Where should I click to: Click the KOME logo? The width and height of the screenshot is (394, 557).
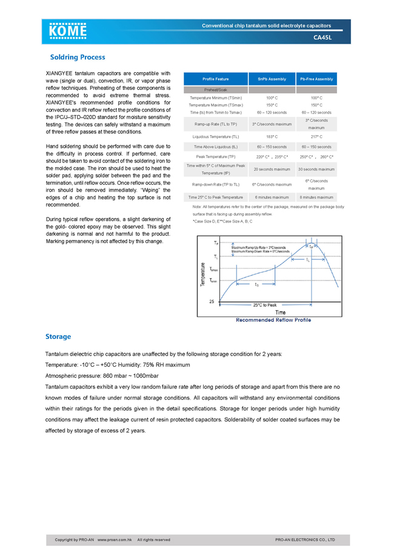click(x=68, y=31)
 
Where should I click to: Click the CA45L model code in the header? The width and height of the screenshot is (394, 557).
click(x=322, y=38)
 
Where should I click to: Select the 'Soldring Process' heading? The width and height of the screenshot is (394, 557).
click(x=77, y=58)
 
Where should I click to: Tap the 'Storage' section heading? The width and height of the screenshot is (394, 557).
click(x=58, y=336)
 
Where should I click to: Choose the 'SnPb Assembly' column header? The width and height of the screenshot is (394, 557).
click(x=272, y=79)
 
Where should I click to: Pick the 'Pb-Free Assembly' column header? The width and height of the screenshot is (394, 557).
click(x=316, y=79)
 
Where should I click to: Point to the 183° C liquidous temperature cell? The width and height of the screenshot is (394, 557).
click(x=272, y=137)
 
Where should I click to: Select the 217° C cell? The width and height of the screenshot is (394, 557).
click(x=316, y=137)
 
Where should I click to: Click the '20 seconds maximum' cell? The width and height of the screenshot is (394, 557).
click(x=272, y=169)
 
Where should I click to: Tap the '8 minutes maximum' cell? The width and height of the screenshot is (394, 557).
click(x=316, y=198)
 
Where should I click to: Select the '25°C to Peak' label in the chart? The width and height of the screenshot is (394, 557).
click(x=265, y=305)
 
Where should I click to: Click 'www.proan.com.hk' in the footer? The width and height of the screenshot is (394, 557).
click(x=115, y=539)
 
